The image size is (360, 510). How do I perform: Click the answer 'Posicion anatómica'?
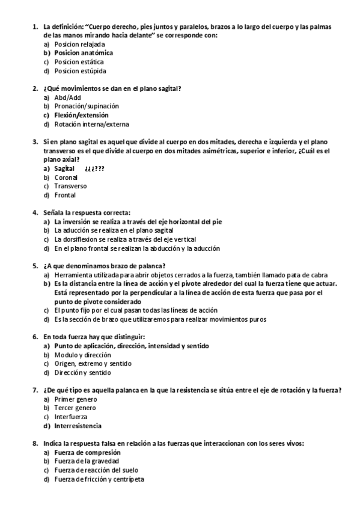click(x=83, y=53)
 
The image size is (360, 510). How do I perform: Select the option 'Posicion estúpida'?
click(x=80, y=71)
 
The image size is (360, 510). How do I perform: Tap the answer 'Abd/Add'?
click(x=68, y=97)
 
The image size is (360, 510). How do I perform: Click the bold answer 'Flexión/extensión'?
click(x=81, y=115)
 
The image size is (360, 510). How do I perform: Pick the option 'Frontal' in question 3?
click(x=65, y=195)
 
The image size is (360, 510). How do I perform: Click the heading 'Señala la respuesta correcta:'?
click(x=87, y=213)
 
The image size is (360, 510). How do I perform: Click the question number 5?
click(x=35, y=266)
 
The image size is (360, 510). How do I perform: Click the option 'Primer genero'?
click(x=75, y=399)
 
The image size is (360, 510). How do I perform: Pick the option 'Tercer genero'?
click(x=75, y=408)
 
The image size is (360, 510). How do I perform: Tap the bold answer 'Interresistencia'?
click(x=78, y=426)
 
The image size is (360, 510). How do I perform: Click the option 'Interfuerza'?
click(x=70, y=417)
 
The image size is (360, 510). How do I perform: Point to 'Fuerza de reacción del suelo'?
click(x=96, y=470)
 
